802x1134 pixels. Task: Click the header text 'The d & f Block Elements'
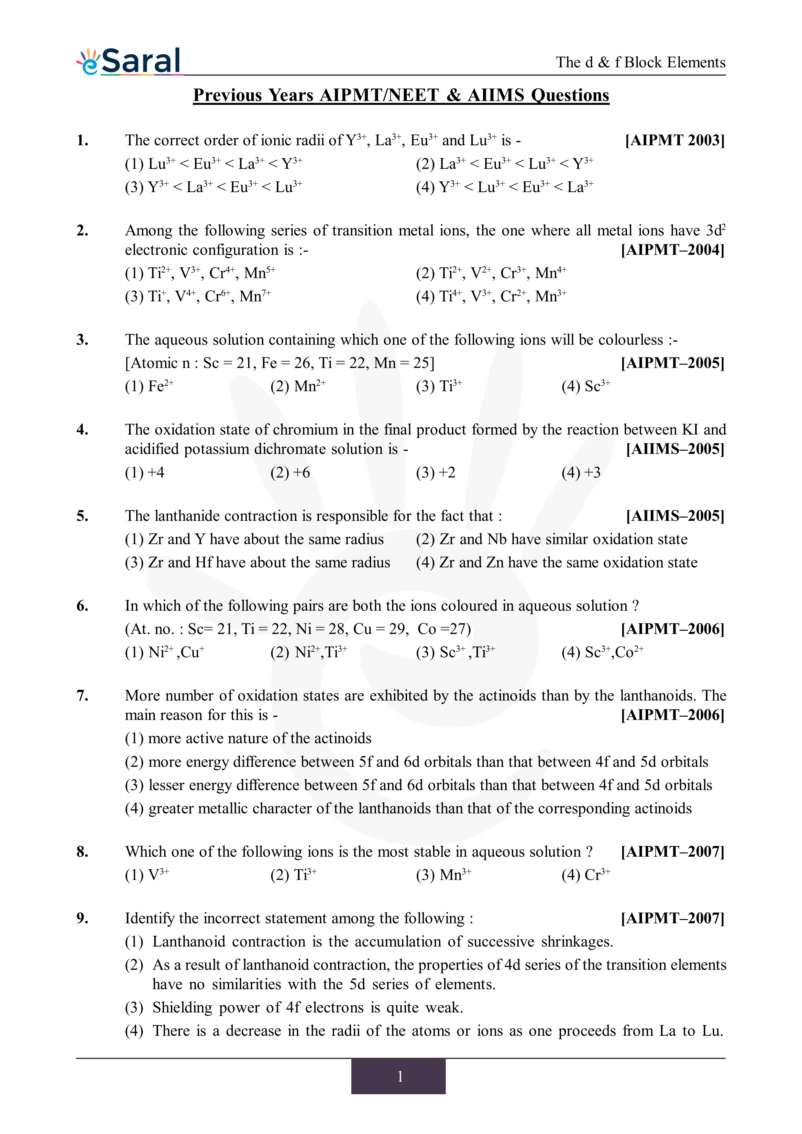pyautogui.click(x=641, y=62)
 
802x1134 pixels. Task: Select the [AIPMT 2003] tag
pyautogui.click(x=675, y=140)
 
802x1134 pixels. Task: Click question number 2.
pyautogui.click(x=82, y=231)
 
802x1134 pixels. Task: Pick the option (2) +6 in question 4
pyautogui.click(x=290, y=473)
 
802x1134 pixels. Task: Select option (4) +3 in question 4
pyautogui.click(x=581, y=473)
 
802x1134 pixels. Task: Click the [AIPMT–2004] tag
pyautogui.click(x=673, y=250)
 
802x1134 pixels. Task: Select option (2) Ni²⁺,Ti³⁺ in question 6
pyautogui.click(x=309, y=652)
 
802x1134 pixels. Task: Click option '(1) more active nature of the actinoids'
pyautogui.click(x=248, y=738)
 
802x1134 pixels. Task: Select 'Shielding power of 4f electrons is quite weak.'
pyautogui.click(x=307, y=1008)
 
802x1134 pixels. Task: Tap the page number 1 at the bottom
pyautogui.click(x=400, y=1076)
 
